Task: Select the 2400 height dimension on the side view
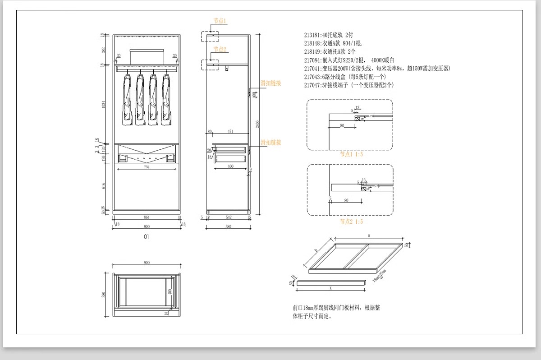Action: point(257,124)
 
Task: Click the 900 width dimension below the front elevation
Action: point(146,226)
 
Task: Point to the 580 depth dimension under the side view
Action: point(228,226)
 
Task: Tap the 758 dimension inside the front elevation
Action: point(147,167)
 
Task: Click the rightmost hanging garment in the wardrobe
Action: point(166,99)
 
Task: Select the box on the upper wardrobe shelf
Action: point(146,56)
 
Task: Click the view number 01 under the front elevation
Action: point(146,236)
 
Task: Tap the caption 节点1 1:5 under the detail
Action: point(351,154)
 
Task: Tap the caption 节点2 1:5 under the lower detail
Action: point(351,222)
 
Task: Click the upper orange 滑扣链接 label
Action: point(270,83)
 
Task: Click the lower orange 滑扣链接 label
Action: point(270,143)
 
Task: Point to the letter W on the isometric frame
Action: point(369,235)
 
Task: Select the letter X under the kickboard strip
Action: point(331,287)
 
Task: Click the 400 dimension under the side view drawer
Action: point(230,166)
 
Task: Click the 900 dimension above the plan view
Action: point(147,263)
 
